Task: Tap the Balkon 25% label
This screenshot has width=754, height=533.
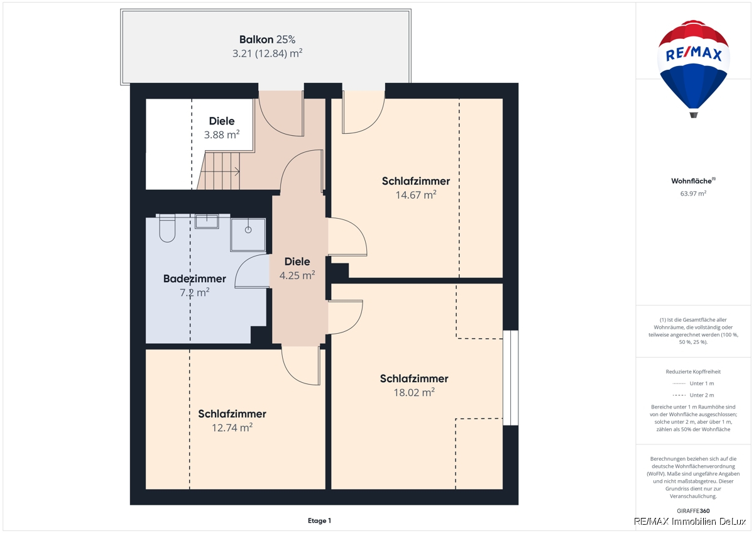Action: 267,40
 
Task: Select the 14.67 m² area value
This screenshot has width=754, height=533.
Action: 416,195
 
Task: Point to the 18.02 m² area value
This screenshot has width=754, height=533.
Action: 414,392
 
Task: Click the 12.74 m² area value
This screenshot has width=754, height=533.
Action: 232,427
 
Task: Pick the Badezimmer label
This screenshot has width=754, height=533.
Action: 195,279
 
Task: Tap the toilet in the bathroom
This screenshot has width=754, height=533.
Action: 167,228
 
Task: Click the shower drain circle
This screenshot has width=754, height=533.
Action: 248,230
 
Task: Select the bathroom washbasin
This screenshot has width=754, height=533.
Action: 207,221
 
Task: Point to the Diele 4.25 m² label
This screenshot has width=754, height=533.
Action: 297,268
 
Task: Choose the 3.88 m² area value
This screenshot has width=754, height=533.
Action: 221,135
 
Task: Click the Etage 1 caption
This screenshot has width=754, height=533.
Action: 319,520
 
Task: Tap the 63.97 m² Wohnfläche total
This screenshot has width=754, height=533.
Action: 693,194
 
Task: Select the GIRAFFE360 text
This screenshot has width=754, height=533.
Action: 693,511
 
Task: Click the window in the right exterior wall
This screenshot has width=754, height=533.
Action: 511,378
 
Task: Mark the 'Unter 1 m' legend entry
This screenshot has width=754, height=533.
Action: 693,383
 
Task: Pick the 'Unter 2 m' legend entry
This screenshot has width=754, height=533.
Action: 693,395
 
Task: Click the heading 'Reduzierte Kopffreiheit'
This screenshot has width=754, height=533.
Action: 693,371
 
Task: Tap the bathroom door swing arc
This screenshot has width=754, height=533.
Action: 243,265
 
